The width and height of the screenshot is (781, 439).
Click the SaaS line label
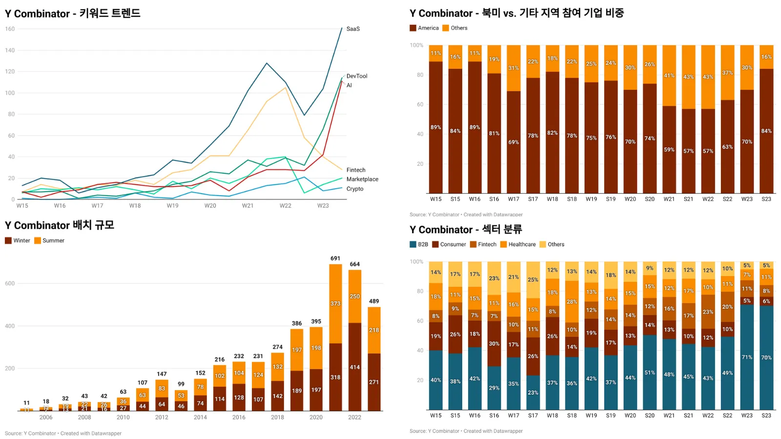(x=353, y=29)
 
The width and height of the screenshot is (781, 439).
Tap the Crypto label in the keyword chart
(x=355, y=189)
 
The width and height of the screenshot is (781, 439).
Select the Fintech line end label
(x=356, y=170)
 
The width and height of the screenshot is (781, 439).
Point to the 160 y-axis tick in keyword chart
(x=10, y=29)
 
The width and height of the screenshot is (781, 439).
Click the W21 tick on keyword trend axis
(x=248, y=206)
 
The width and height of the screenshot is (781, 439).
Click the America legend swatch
(x=413, y=28)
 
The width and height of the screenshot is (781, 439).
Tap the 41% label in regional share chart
(x=669, y=76)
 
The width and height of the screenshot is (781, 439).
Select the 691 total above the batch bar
(x=335, y=259)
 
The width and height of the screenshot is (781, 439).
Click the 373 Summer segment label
(x=335, y=303)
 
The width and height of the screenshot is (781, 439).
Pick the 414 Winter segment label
(x=355, y=367)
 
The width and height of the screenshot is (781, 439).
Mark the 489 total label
(x=374, y=301)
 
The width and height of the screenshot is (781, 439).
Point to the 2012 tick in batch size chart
(x=162, y=418)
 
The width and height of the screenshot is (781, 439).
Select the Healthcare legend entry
(x=522, y=244)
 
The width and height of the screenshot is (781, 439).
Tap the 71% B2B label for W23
(x=747, y=358)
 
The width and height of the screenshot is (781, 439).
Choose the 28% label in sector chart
(x=572, y=302)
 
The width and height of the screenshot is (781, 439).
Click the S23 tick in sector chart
(x=766, y=416)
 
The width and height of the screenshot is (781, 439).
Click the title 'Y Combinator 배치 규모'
(x=60, y=225)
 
